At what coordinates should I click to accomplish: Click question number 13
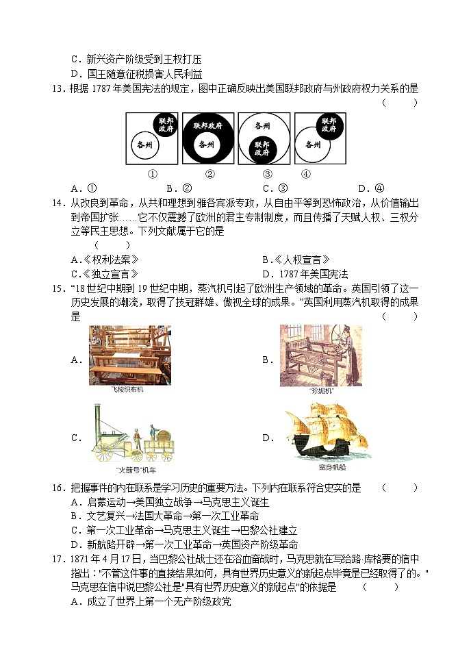point(58,88)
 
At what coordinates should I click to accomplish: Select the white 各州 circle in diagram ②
point(206,145)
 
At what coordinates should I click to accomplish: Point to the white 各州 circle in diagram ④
point(313,145)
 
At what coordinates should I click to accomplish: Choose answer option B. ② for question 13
point(179,188)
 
